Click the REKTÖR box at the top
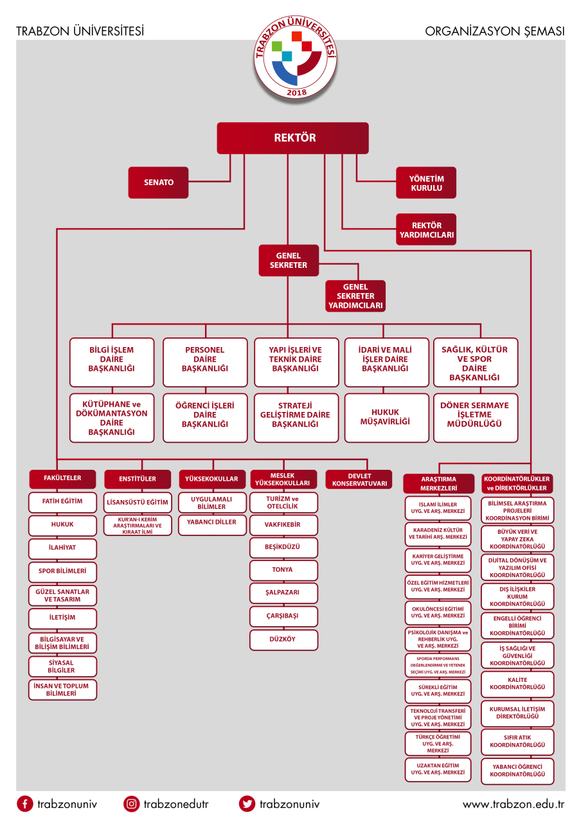click(292, 138)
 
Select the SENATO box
click(157, 183)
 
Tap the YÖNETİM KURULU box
click(426, 183)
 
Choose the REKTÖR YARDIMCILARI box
click(426, 230)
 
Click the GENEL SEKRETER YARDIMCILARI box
click(355, 296)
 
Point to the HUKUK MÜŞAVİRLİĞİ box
click(386, 417)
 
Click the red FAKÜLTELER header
click(62, 479)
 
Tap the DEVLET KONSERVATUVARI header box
click(359, 479)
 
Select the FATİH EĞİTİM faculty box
click(62, 501)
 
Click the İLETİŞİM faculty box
click(62, 618)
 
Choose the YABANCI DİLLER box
click(211, 523)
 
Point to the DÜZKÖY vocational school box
click(283, 639)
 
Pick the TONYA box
click(283, 570)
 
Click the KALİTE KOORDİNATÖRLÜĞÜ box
click(517, 684)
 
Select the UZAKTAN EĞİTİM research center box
click(438, 769)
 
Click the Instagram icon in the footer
click(132, 803)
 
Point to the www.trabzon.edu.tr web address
click(513, 804)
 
